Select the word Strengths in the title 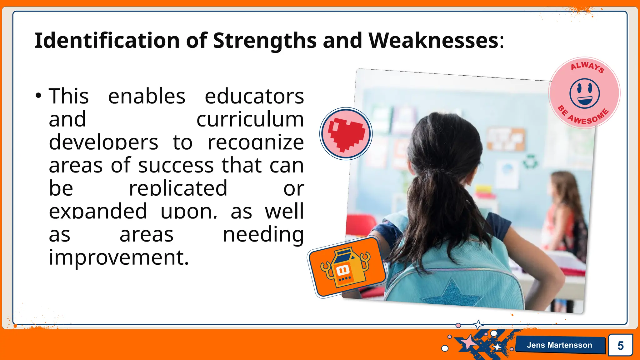264,41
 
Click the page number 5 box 620,345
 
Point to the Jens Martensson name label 559,345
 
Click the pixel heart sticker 346,134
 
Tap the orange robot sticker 346,267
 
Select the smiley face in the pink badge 584,93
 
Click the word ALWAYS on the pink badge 587,67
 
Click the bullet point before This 38,96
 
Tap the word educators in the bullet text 254,96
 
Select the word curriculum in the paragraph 250,119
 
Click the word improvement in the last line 119,257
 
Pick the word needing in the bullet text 263,234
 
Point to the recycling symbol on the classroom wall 530,161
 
